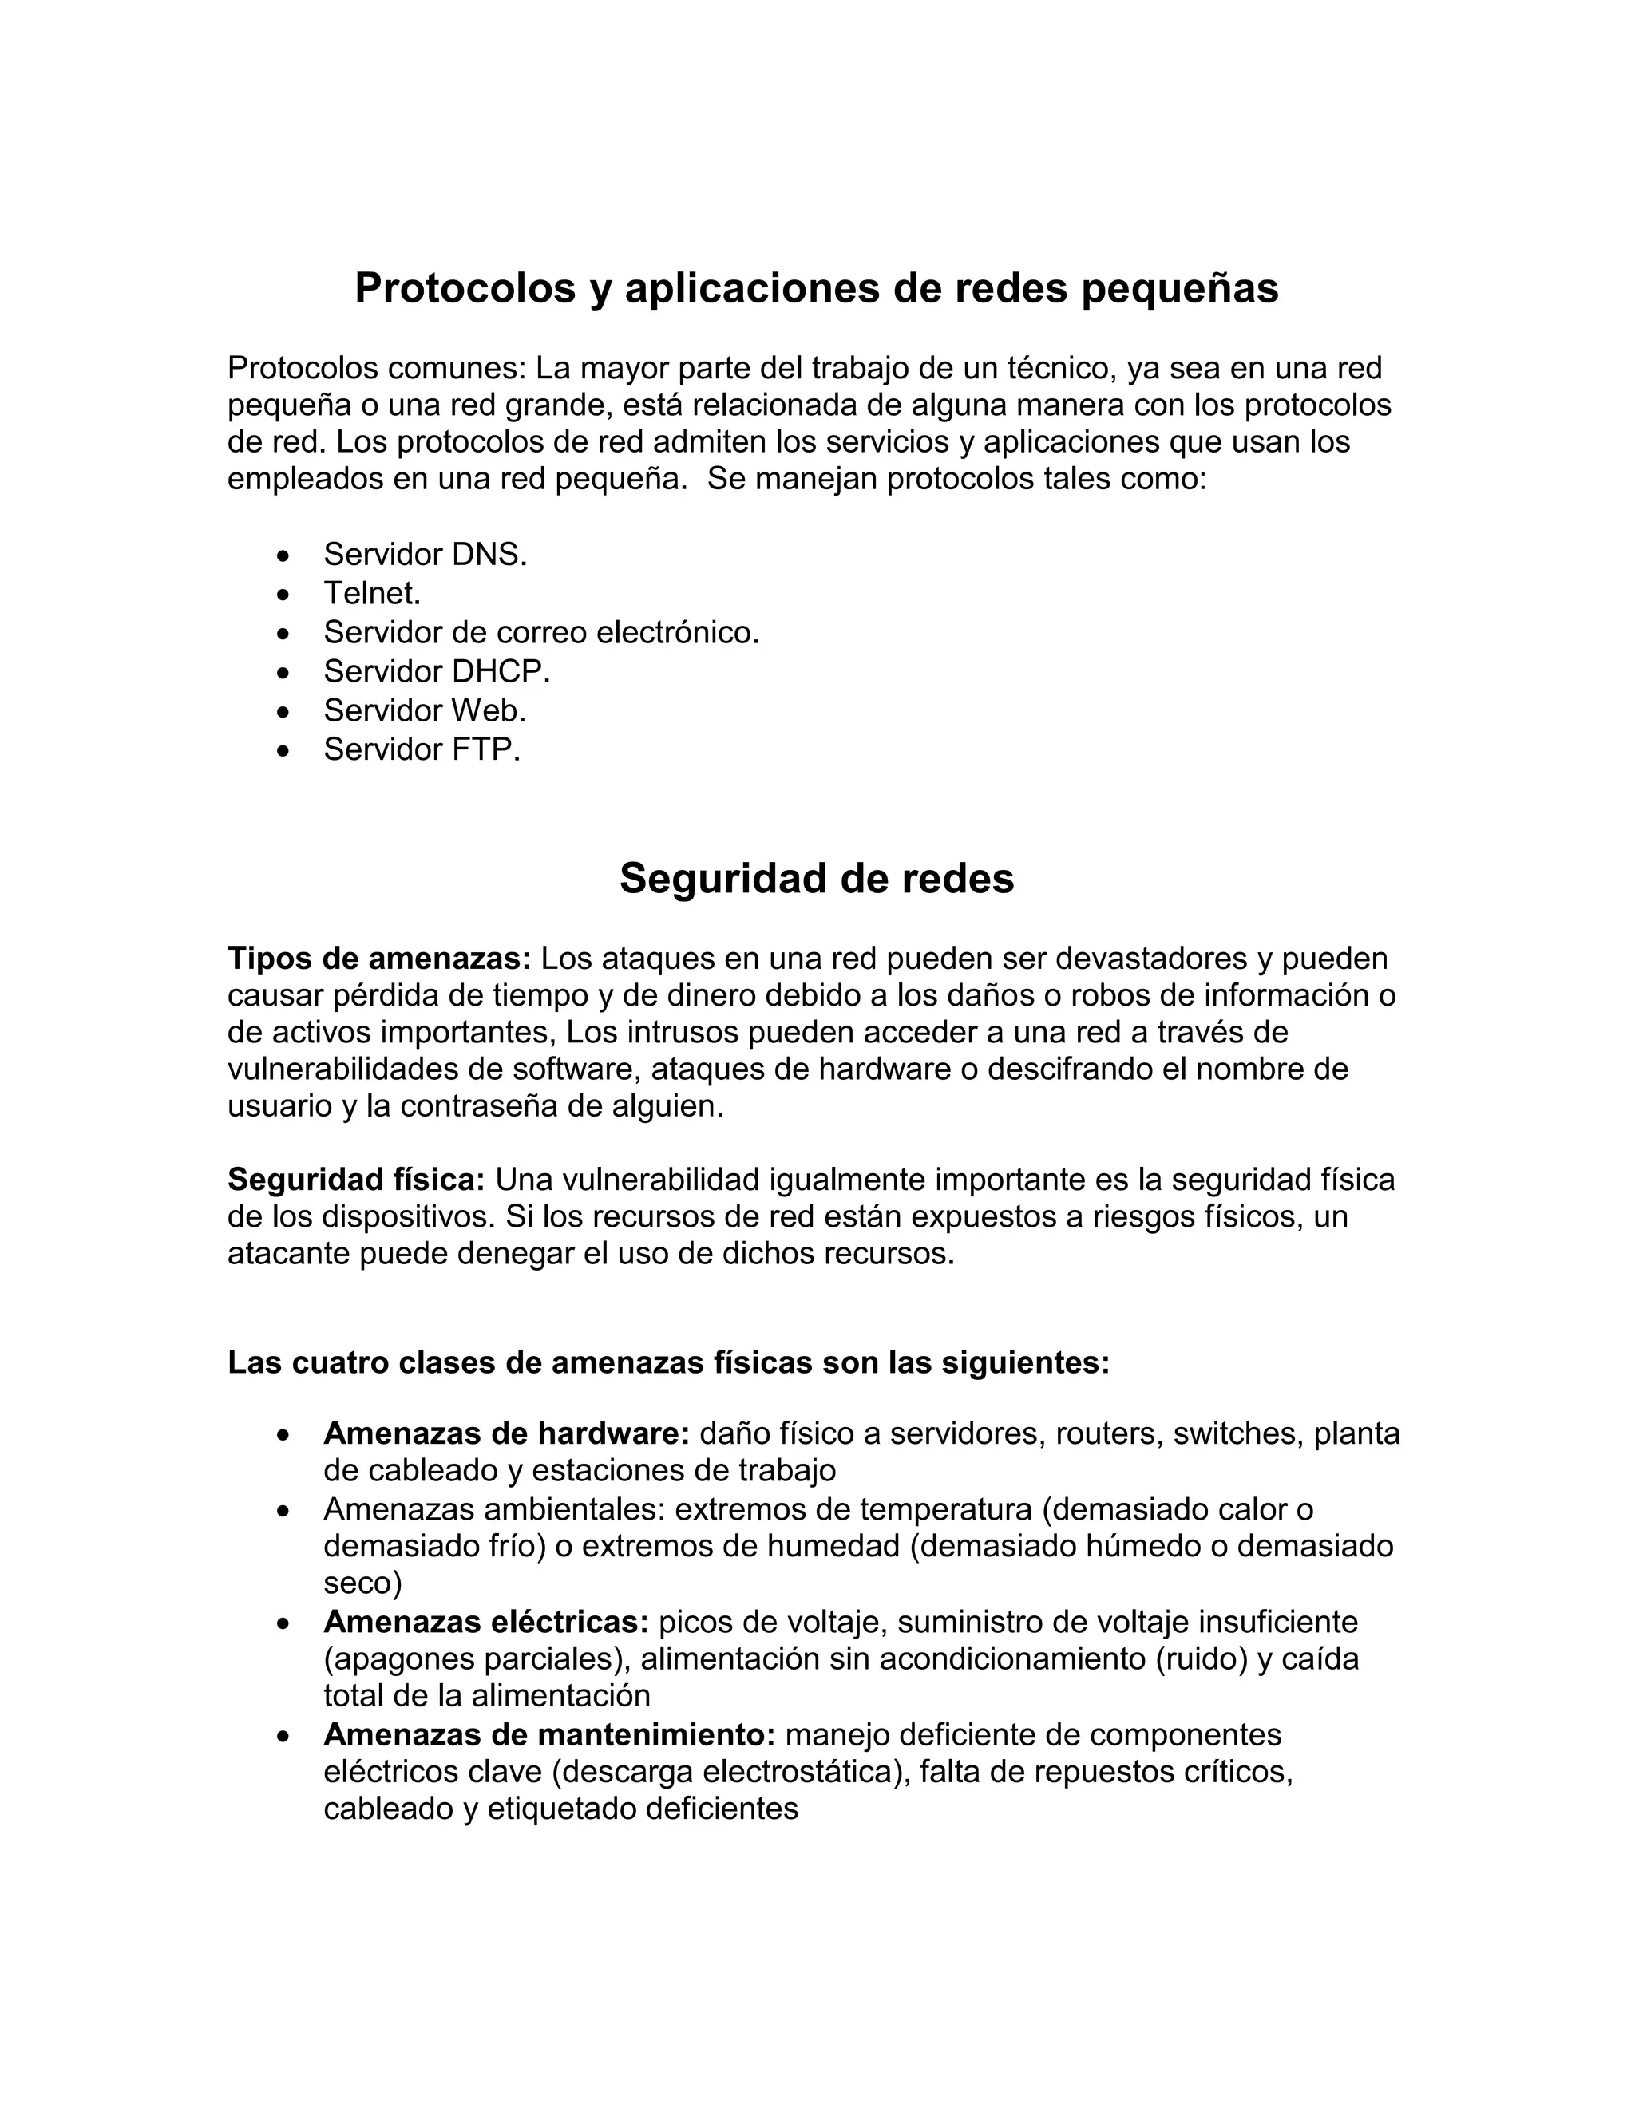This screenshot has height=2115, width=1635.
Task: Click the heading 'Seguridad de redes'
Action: [x=817, y=880]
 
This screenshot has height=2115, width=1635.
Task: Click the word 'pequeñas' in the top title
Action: [x=1179, y=289]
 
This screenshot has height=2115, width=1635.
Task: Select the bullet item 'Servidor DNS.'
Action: [x=426, y=555]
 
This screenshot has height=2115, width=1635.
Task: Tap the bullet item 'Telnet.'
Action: [x=372, y=594]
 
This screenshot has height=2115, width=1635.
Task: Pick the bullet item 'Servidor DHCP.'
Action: [x=437, y=671]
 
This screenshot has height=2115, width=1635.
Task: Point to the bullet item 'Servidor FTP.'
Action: [x=422, y=749]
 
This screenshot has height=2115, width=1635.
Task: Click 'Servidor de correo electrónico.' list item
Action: [x=541, y=632]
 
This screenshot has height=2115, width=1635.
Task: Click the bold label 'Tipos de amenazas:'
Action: [x=378, y=959]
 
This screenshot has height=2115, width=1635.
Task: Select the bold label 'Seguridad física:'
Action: [x=356, y=1180]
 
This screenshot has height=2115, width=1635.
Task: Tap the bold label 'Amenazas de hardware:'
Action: [x=505, y=1433]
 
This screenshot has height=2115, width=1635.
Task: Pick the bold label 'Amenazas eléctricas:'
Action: [x=485, y=1621]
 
